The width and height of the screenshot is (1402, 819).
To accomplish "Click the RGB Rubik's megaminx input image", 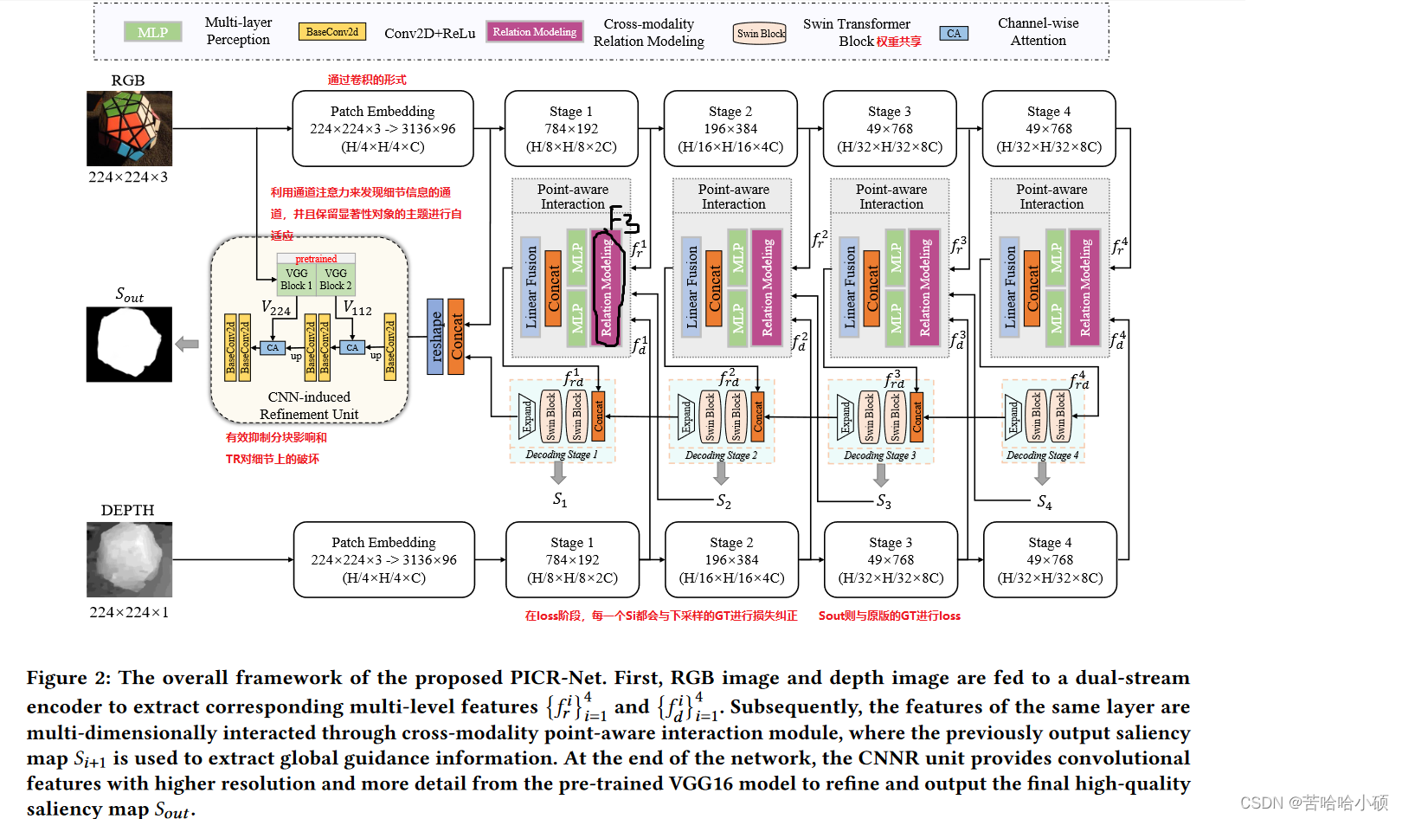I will click(129, 128).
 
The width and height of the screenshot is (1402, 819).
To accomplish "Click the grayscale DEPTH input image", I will click(129, 559).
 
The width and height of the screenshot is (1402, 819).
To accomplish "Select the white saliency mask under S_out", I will click(129, 344).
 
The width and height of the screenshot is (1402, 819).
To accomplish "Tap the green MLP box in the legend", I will click(152, 32).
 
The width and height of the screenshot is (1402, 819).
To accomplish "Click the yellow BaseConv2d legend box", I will click(331, 32).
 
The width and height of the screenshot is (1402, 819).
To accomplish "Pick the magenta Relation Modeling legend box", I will click(534, 32).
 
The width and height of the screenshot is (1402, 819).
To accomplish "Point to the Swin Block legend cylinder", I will click(760, 33).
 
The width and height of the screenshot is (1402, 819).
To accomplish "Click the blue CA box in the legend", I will click(953, 34).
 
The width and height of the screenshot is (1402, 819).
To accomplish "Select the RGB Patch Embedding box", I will click(383, 128).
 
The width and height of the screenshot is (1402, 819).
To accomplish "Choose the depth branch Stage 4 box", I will click(1050, 559).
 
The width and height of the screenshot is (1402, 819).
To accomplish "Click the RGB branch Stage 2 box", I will click(730, 128).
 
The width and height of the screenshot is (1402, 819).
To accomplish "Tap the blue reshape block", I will click(435, 337).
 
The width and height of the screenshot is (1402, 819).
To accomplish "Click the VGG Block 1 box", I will click(296, 279).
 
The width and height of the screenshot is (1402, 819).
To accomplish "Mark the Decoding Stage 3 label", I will click(879, 455).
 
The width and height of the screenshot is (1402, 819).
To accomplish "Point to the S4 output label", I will click(1045, 502).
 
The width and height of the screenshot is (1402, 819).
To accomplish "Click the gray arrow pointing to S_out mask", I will click(187, 344).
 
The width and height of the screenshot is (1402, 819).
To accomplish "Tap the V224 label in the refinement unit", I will click(276, 308).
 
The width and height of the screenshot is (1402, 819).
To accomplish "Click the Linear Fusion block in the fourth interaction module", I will click(1009, 287).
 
